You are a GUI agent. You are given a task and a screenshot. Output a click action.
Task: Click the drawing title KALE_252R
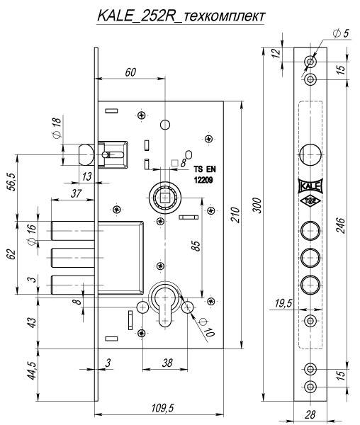(x=135, y=16)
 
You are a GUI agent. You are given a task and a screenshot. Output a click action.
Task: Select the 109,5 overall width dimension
(x=163, y=408)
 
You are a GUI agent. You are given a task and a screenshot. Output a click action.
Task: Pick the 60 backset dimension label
(x=130, y=72)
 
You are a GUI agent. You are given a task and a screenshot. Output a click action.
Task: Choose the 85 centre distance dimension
(x=196, y=245)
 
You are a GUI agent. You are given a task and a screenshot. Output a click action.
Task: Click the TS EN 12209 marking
(x=205, y=174)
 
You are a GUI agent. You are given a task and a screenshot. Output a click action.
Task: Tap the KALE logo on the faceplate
(x=310, y=186)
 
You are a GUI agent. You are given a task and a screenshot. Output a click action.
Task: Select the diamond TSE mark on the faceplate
(x=310, y=201)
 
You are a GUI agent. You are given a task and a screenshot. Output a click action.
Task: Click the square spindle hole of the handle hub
(x=165, y=198)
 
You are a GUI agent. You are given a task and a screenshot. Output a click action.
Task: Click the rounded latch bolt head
(x=86, y=154)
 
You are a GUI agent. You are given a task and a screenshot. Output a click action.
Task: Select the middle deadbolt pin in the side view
(x=73, y=258)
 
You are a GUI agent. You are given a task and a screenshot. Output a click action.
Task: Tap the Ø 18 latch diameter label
(x=57, y=127)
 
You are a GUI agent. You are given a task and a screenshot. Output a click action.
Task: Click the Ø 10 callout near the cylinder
(x=207, y=327)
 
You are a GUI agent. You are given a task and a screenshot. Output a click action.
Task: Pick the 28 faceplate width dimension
(x=310, y=414)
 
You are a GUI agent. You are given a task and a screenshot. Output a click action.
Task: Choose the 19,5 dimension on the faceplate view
(x=283, y=303)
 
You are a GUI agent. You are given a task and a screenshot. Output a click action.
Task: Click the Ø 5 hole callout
(x=341, y=33)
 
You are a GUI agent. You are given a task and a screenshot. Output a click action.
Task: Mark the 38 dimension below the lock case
(x=167, y=363)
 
